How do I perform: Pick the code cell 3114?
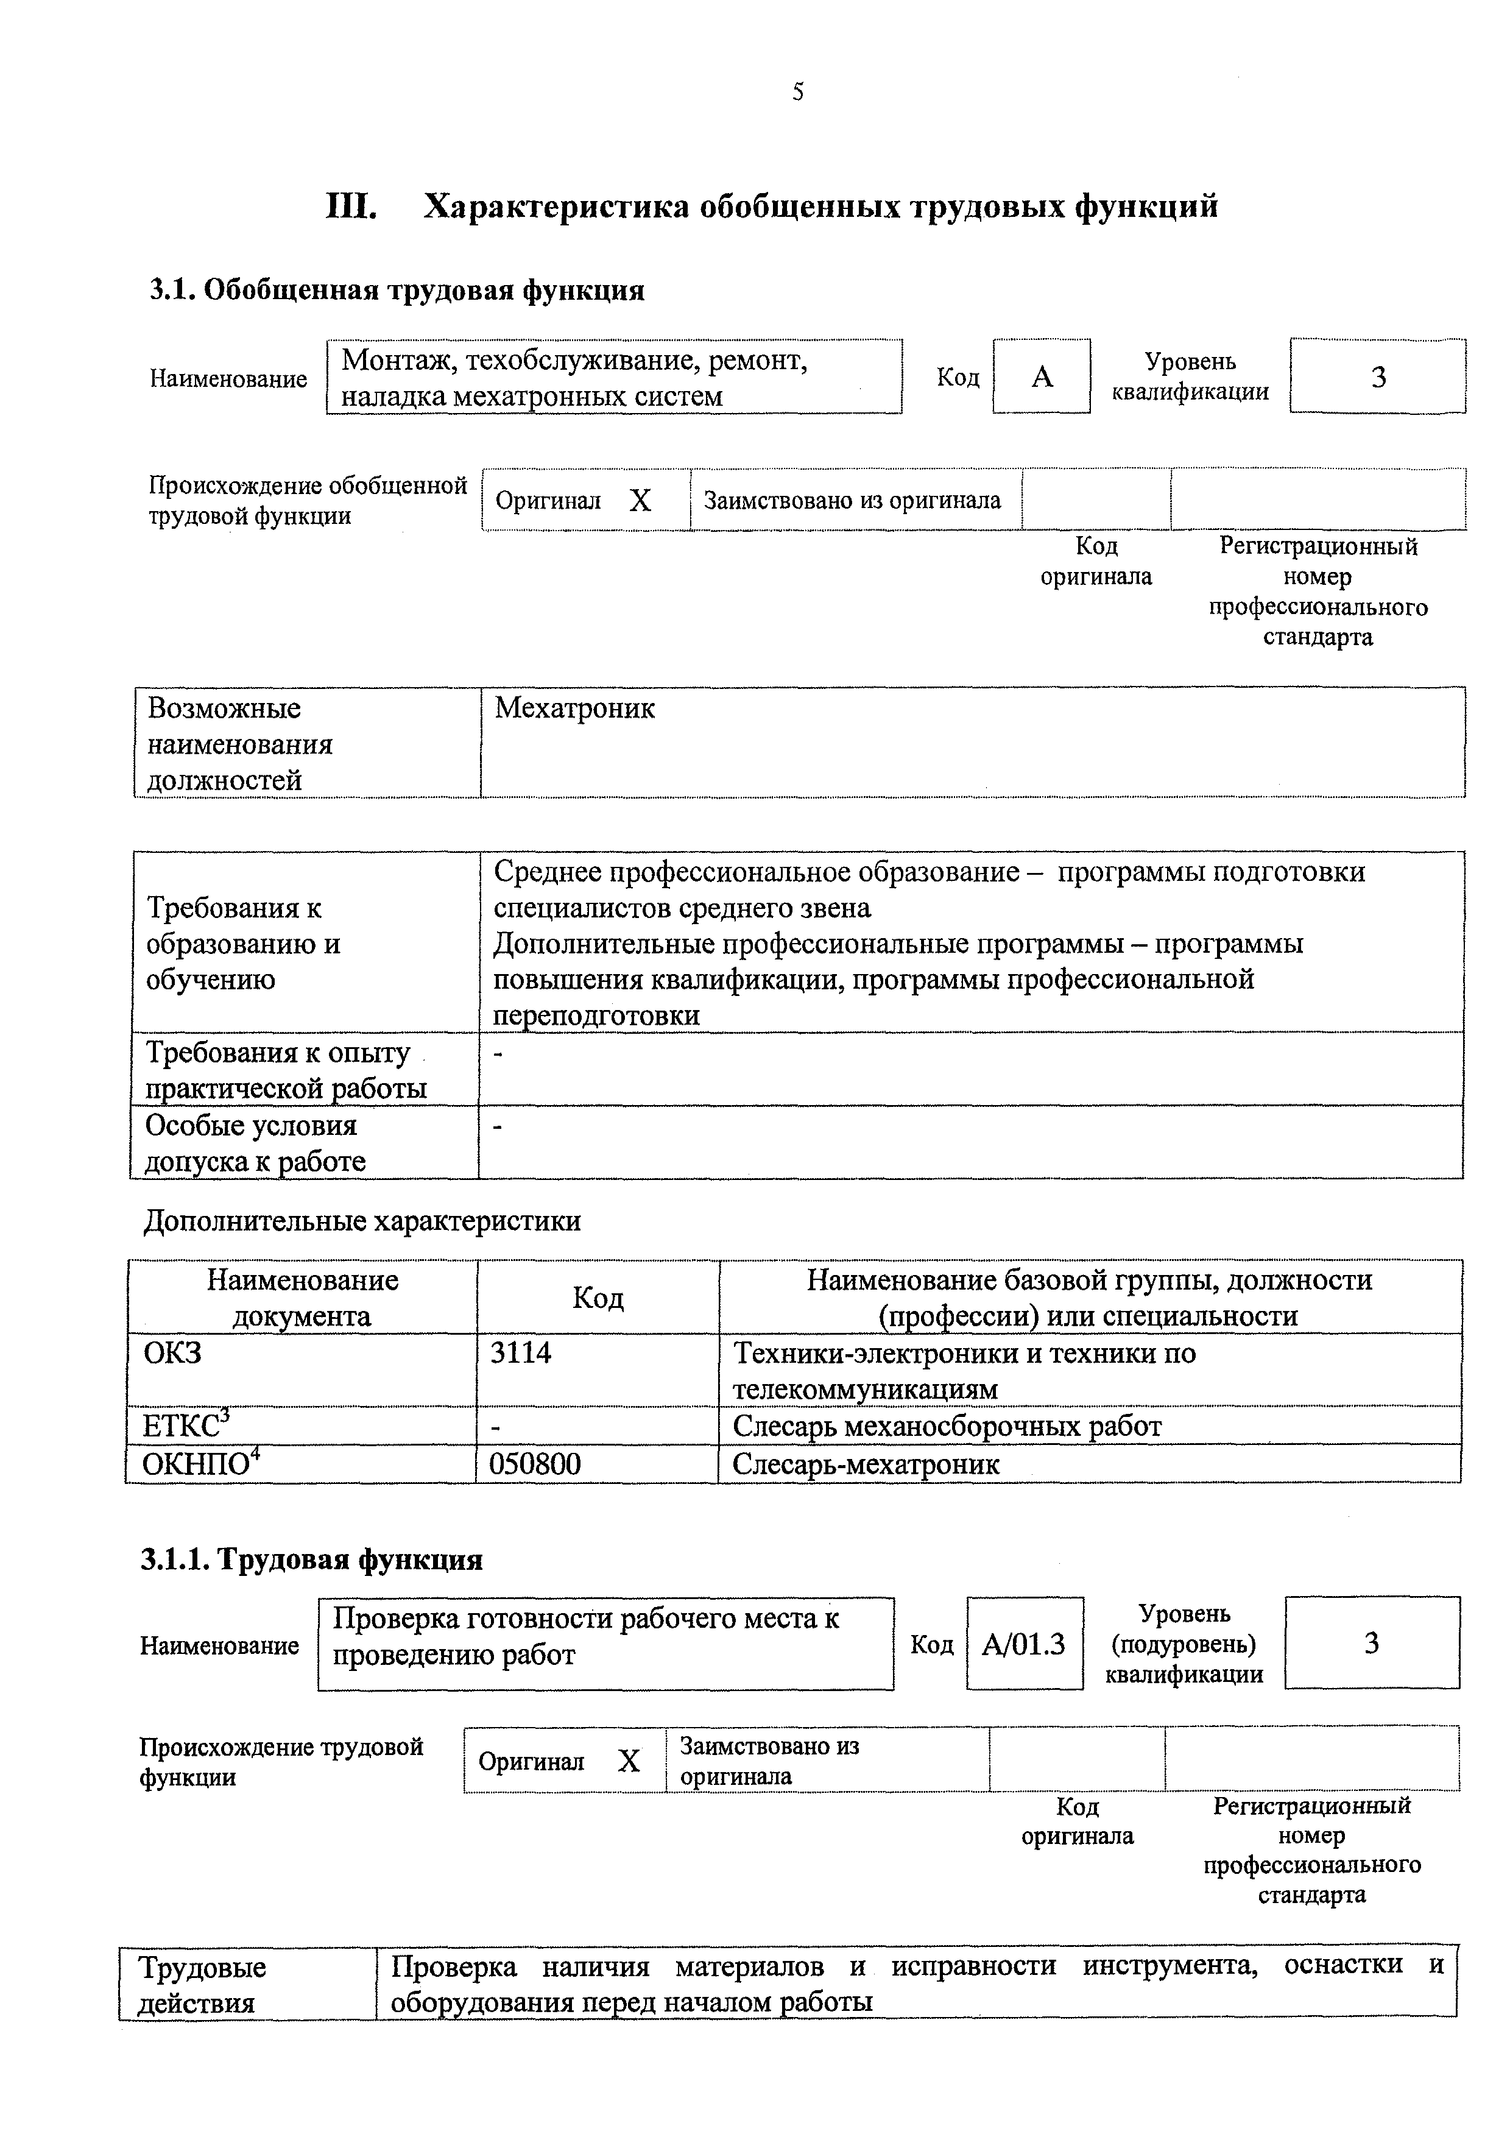click(x=520, y=1352)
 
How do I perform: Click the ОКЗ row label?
click(x=172, y=1352)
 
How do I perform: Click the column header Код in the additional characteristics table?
click(x=598, y=1298)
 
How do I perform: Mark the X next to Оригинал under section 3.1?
click(x=640, y=502)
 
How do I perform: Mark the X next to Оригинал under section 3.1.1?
click(x=629, y=1761)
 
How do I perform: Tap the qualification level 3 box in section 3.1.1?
click(x=1371, y=1644)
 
